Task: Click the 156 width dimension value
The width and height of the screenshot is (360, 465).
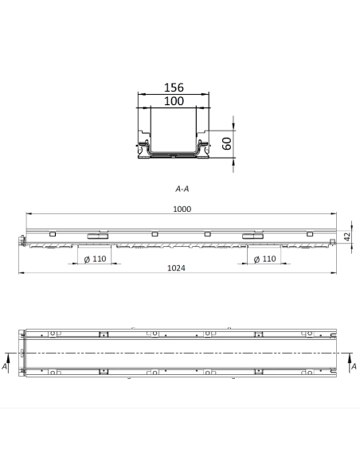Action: click(174, 88)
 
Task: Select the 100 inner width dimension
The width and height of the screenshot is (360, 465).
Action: click(174, 101)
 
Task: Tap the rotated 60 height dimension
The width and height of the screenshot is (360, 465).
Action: click(227, 143)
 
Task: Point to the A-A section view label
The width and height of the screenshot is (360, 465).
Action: click(182, 190)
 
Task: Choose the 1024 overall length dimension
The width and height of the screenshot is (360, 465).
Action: click(177, 268)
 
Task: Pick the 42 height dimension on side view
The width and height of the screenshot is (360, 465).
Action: click(347, 236)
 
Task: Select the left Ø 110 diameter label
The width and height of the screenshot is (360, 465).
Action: click(95, 260)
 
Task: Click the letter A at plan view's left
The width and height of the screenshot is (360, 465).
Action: click(6, 367)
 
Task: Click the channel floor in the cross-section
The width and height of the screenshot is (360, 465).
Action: click(174, 155)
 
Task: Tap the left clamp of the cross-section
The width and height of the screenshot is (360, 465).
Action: click(145, 147)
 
